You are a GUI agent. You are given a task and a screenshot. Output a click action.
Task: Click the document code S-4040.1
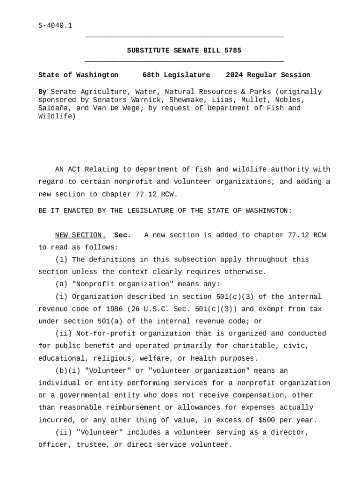click(55, 26)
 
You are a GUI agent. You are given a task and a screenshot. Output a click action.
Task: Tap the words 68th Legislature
click(176, 75)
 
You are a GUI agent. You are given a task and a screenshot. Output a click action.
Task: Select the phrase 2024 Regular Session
click(268, 75)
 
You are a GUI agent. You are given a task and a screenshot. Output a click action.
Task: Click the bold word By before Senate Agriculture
click(43, 92)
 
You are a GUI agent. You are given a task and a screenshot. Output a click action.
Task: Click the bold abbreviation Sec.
click(122, 235)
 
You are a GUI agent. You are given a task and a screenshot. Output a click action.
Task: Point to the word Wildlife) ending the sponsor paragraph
click(57, 116)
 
